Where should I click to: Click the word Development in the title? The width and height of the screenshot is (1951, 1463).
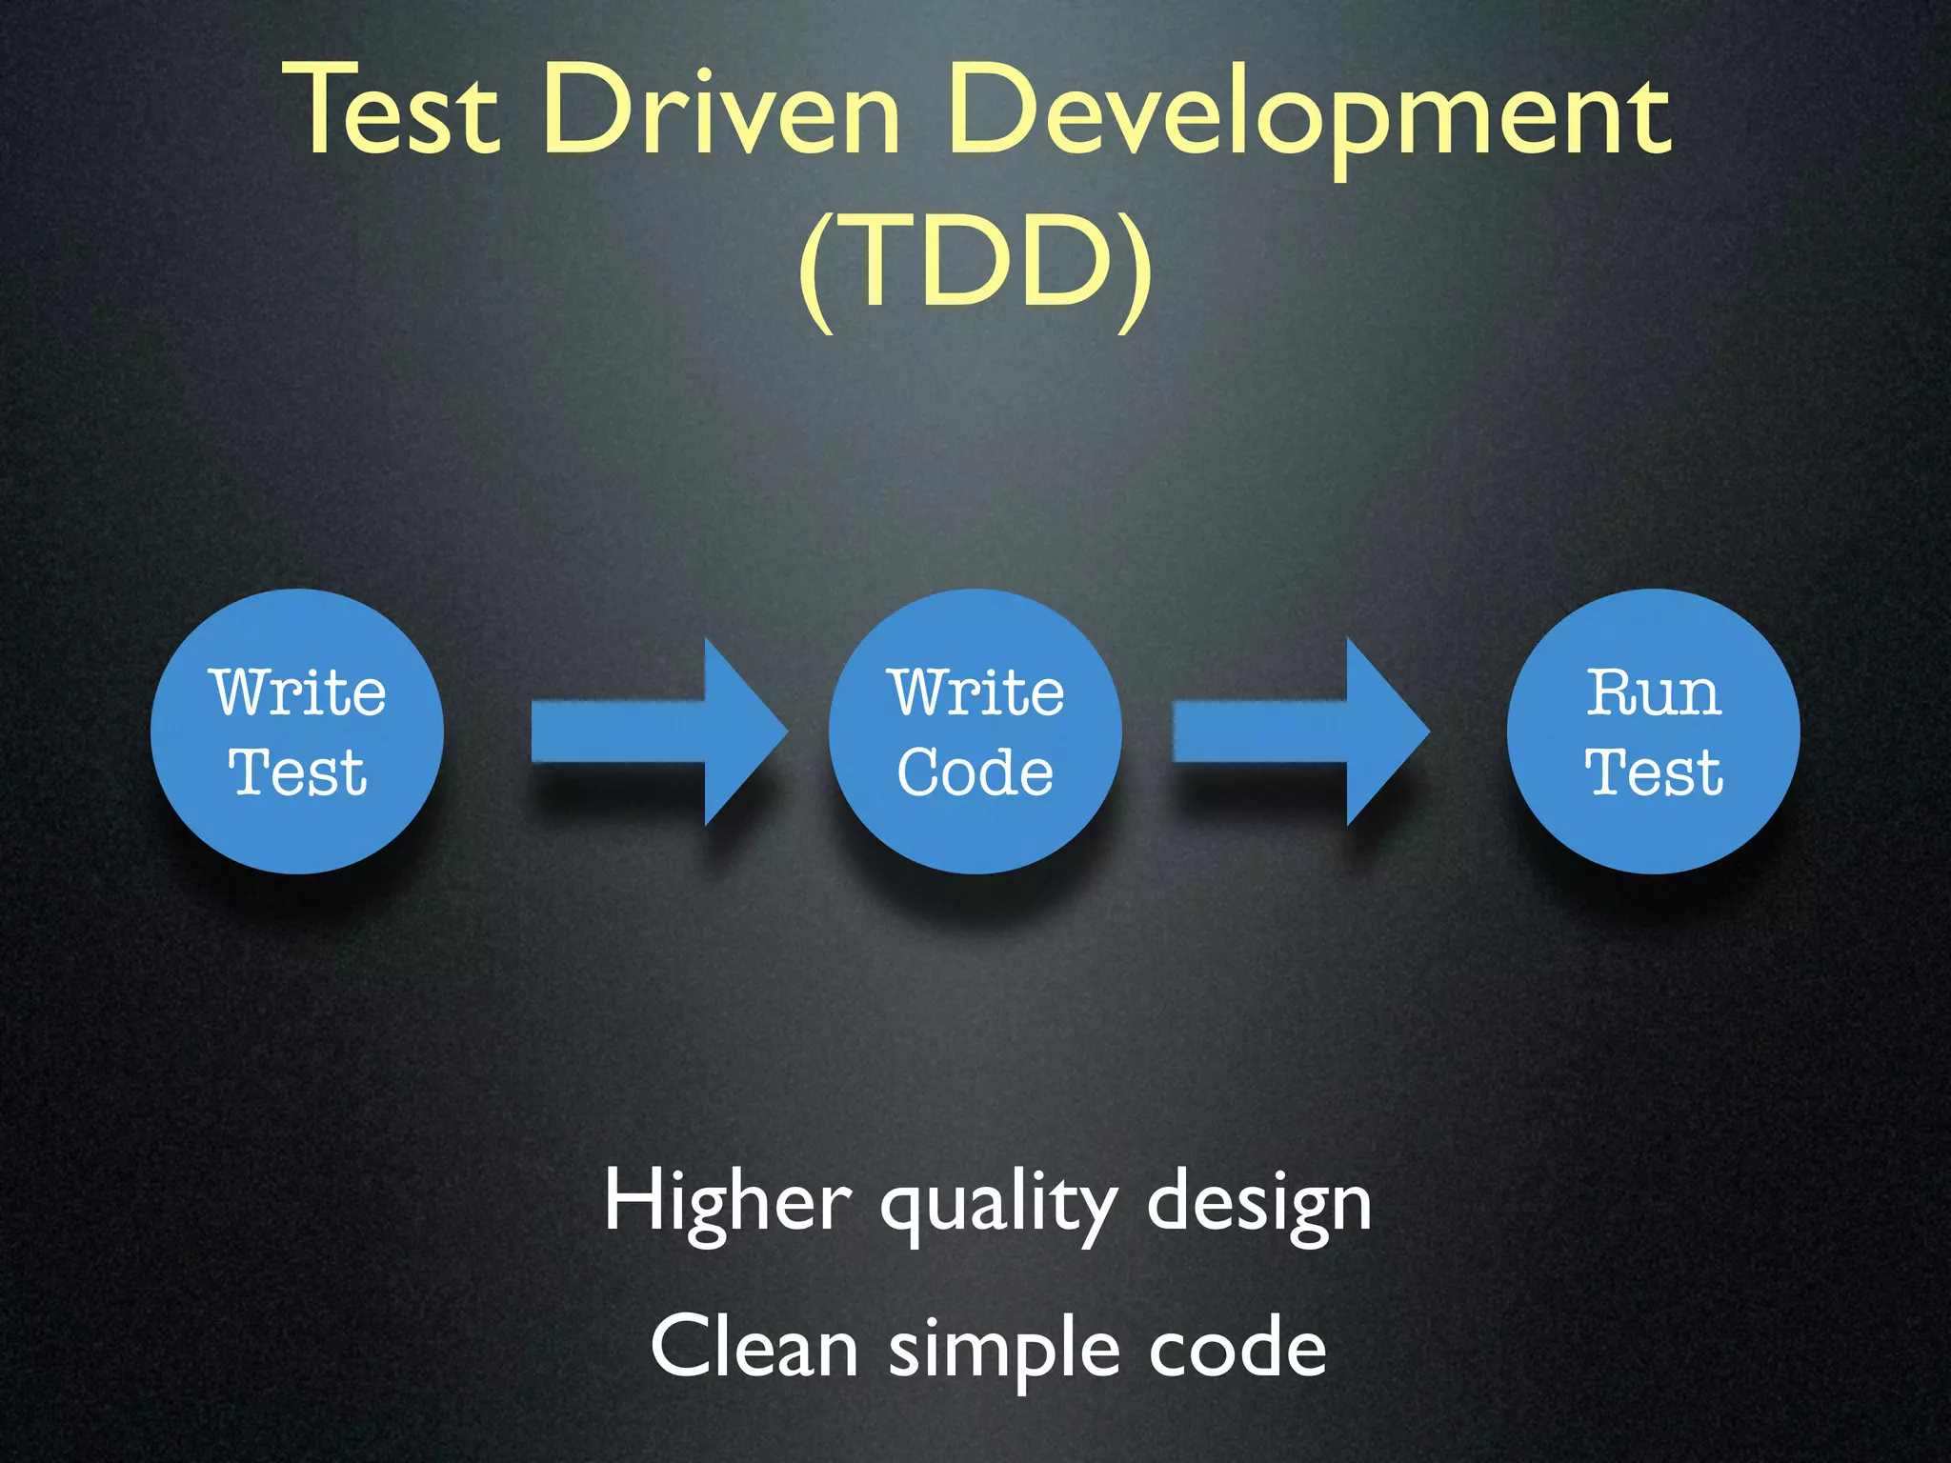(1309, 112)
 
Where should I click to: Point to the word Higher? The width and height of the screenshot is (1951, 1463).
(727, 1202)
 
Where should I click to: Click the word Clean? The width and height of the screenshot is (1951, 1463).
(754, 1347)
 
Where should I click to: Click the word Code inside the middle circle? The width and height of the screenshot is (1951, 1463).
(975, 772)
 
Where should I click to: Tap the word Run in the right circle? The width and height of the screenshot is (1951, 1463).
(1654, 692)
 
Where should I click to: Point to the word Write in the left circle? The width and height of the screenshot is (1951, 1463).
(298, 692)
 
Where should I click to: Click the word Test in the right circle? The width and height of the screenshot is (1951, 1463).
(1654, 772)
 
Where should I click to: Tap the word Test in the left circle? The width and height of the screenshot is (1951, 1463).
(297, 772)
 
